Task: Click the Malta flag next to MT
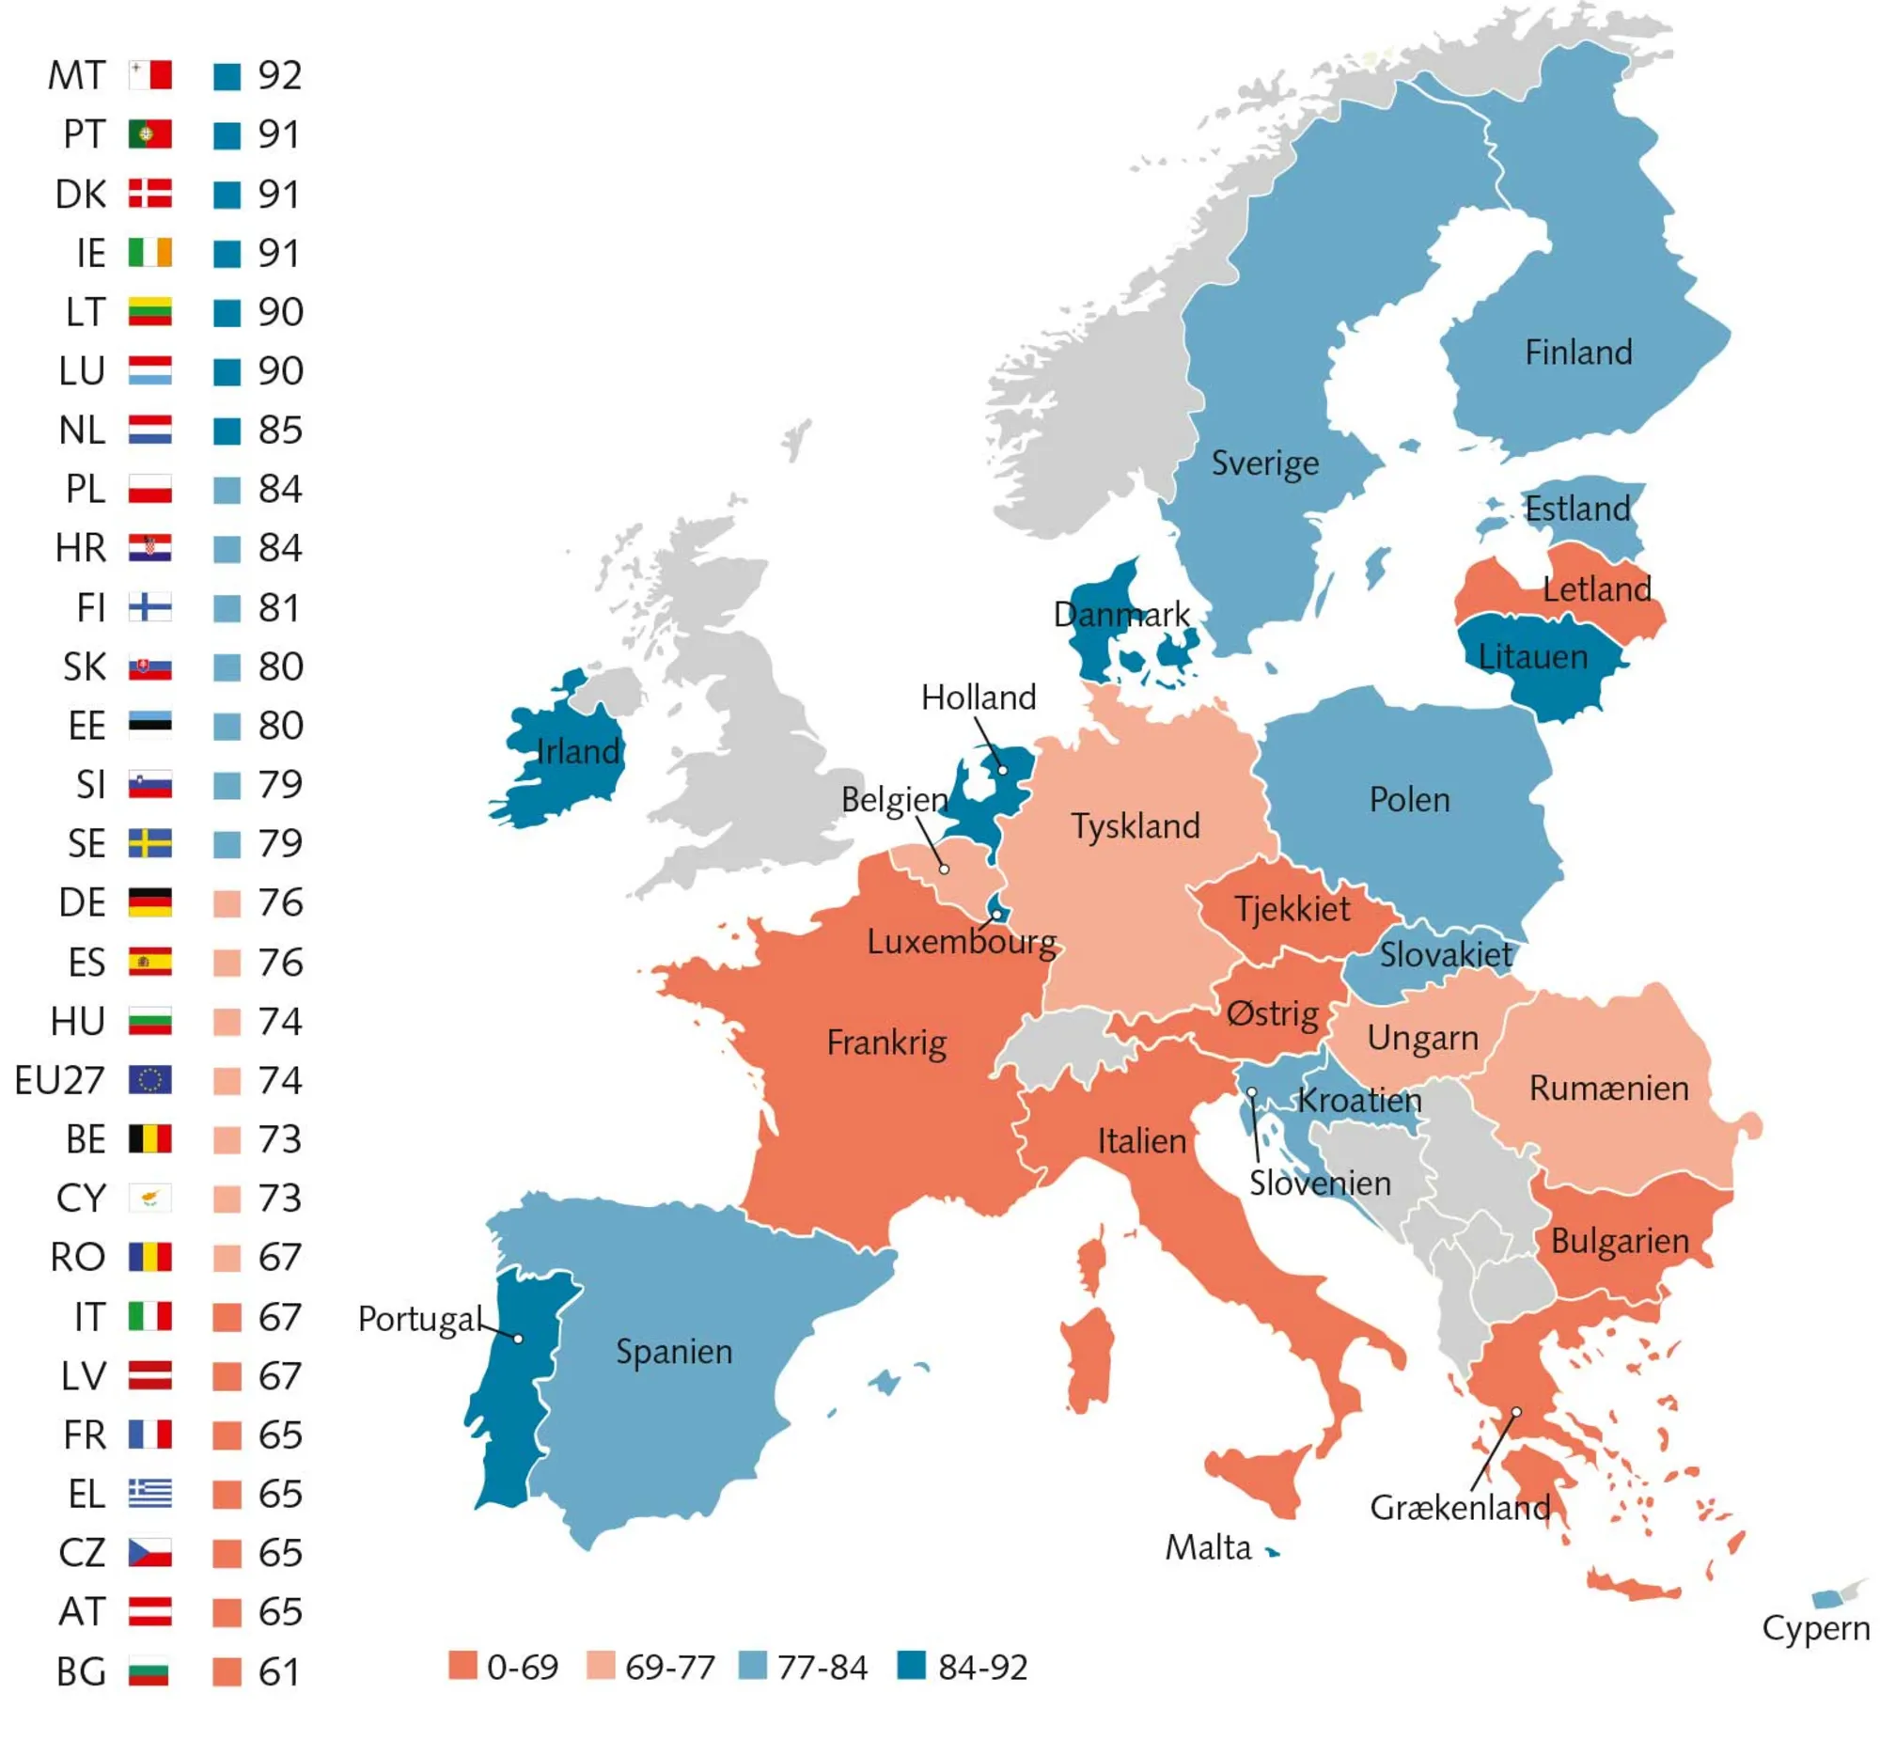[149, 74]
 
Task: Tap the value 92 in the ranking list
[279, 75]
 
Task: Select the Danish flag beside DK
[149, 193]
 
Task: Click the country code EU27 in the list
[58, 1081]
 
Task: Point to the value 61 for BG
[279, 1672]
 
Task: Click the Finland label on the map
[1578, 353]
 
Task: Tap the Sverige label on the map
[1264, 463]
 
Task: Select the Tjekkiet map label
[1292, 910]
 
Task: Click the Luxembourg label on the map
[961, 942]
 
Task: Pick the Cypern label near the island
[1815, 1628]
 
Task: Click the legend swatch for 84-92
[910, 1666]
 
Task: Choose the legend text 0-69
[523, 1668]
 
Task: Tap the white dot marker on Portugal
[518, 1338]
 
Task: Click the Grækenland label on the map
[1459, 1508]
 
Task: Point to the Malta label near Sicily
[1208, 1548]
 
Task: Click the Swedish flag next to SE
[149, 843]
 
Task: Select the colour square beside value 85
[227, 431]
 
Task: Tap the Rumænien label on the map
[1608, 1089]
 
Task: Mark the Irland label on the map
[577, 751]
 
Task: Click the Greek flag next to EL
[149, 1495]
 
